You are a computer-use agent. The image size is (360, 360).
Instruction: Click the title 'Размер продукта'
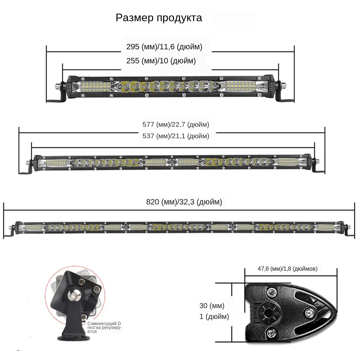pos(159,18)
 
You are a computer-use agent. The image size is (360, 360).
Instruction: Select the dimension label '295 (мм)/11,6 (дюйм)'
pos(164,47)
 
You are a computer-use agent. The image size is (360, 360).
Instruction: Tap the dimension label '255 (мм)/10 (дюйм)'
pos(161,61)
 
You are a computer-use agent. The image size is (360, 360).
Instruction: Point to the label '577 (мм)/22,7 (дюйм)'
pos(176,125)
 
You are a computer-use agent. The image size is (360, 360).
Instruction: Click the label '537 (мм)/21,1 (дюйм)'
pos(176,136)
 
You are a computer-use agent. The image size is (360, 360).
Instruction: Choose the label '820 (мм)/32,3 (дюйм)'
pos(184,202)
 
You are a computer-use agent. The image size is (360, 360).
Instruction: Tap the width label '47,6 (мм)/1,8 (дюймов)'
pos(287,269)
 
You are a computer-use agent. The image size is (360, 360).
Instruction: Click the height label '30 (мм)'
pos(212,306)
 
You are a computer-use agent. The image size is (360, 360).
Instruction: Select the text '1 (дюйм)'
pos(214,317)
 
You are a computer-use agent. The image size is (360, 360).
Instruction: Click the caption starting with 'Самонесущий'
pos(105,328)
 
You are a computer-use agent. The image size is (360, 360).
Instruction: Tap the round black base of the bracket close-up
pos(74,338)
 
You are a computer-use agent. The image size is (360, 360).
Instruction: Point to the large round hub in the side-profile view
pos(267,309)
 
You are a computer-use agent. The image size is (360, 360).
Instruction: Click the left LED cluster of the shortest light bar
pos(95,85)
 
